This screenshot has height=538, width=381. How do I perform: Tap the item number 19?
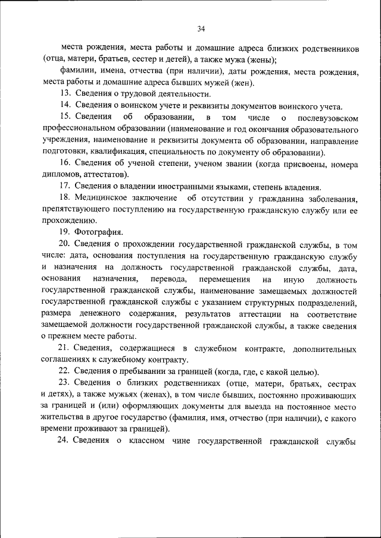65,232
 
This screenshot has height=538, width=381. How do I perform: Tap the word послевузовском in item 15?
328,118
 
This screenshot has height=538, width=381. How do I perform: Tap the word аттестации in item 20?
257,314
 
